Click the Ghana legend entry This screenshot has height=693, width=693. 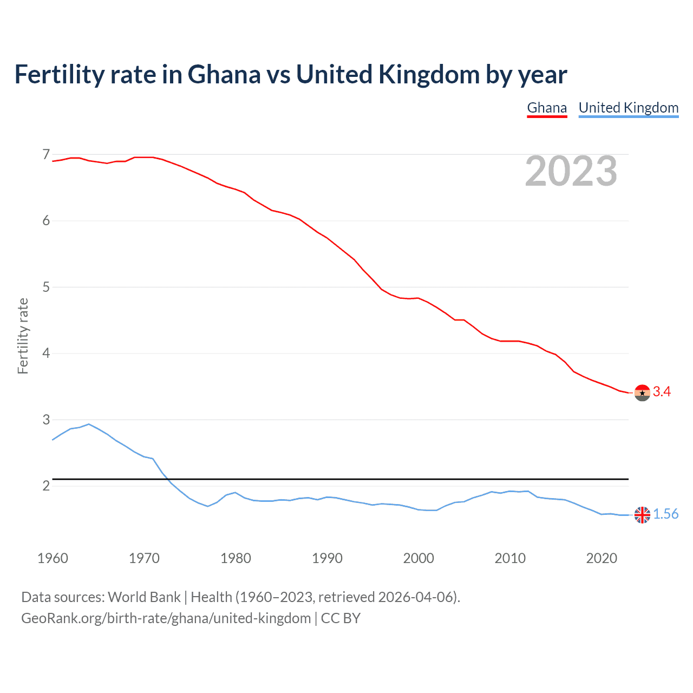(547, 108)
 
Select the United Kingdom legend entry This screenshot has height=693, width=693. (628, 108)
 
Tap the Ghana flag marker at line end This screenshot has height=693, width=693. (642, 393)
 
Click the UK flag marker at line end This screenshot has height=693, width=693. (642, 515)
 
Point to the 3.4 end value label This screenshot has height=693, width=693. (662, 392)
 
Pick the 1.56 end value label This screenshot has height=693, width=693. (665, 514)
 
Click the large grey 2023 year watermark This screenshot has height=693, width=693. (571, 171)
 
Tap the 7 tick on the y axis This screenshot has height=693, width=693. (46, 155)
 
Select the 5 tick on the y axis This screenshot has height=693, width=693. (46, 287)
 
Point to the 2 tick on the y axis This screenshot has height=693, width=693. (46, 486)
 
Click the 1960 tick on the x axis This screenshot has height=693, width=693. (53, 558)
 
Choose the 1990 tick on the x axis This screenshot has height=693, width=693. (327, 558)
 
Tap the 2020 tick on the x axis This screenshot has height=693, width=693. (602, 558)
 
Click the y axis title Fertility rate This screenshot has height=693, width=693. (23, 336)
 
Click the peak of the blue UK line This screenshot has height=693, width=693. (89, 424)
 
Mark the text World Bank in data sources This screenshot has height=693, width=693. (144, 597)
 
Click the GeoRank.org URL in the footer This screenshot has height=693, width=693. (166, 618)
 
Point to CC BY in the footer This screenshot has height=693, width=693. (341, 618)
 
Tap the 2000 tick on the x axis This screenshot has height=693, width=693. (419, 558)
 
